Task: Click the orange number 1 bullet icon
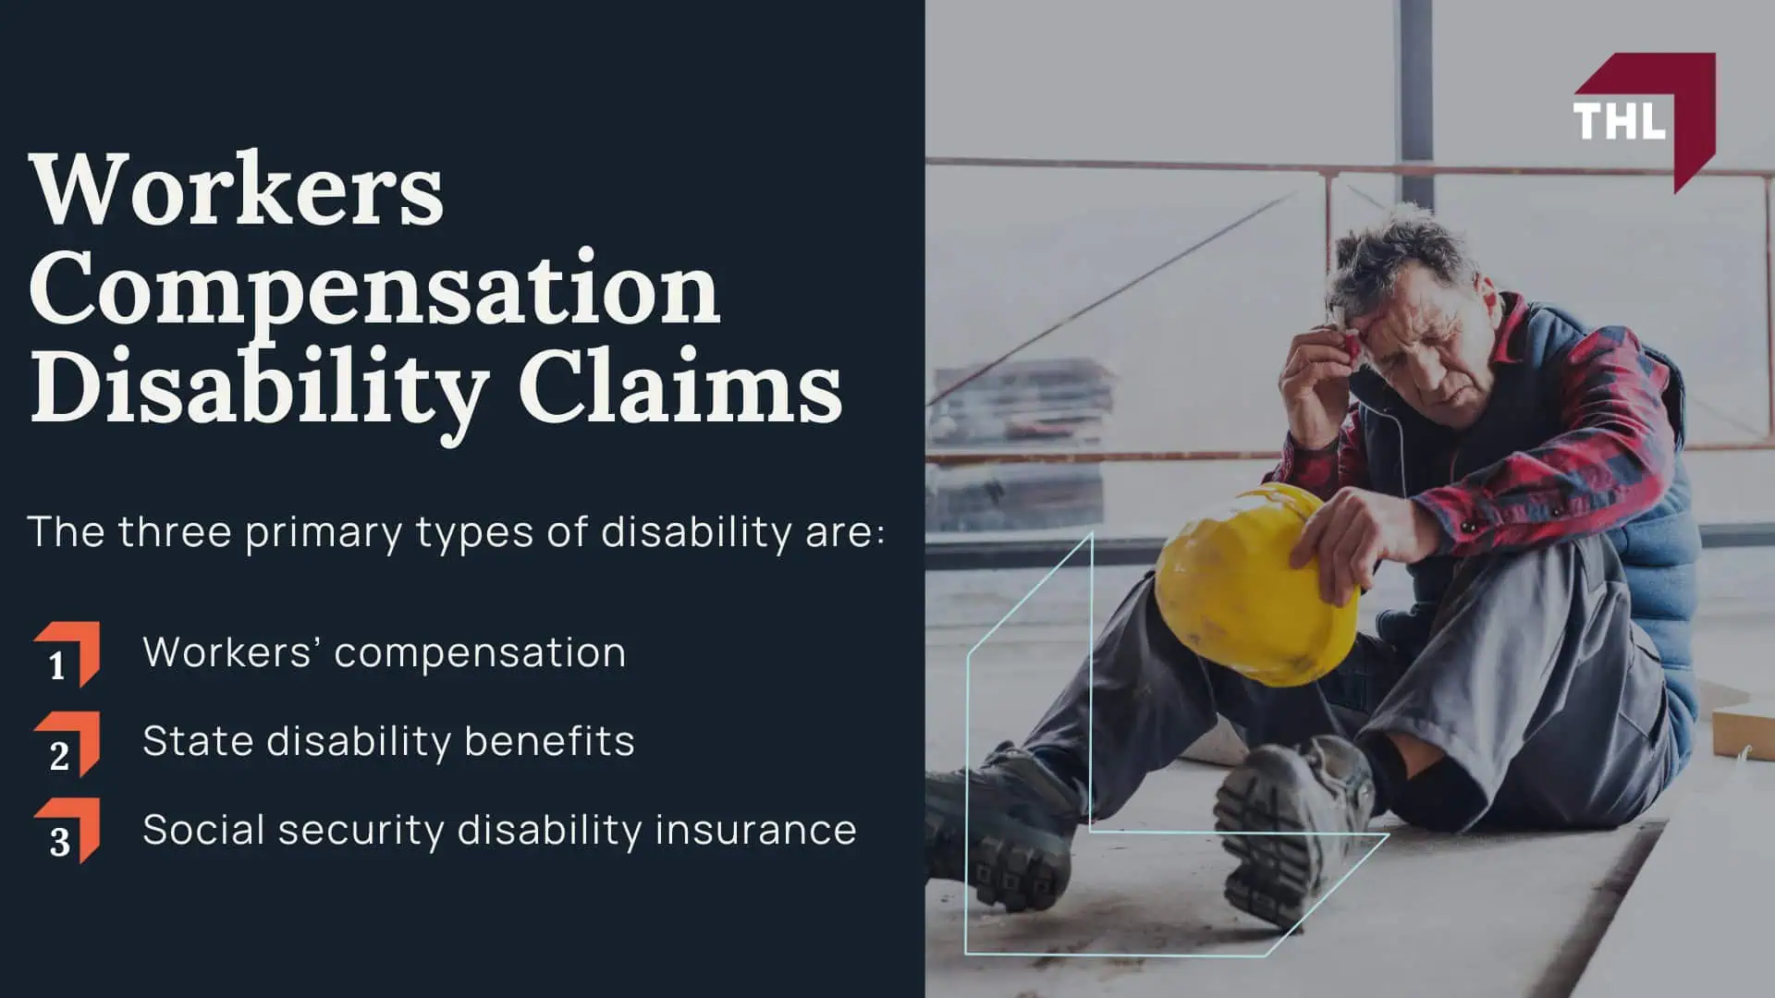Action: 67,654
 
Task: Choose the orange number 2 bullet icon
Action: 67,744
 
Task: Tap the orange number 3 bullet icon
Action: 67,831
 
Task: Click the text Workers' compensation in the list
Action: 385,653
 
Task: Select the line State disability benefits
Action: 388,741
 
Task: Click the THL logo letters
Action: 1619,121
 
